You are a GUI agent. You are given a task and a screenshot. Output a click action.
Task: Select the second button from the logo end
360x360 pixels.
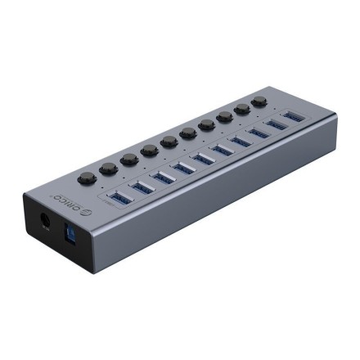(x=109, y=168)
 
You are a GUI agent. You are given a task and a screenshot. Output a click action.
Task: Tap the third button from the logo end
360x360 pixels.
(x=129, y=158)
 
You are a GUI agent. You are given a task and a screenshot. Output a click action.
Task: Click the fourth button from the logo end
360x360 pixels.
(x=150, y=150)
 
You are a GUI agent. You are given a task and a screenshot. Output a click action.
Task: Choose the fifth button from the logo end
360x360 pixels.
(x=169, y=141)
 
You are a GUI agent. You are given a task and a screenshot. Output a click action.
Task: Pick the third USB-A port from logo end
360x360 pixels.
(x=164, y=177)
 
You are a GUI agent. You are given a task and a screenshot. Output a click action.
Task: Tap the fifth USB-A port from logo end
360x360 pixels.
(x=205, y=157)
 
